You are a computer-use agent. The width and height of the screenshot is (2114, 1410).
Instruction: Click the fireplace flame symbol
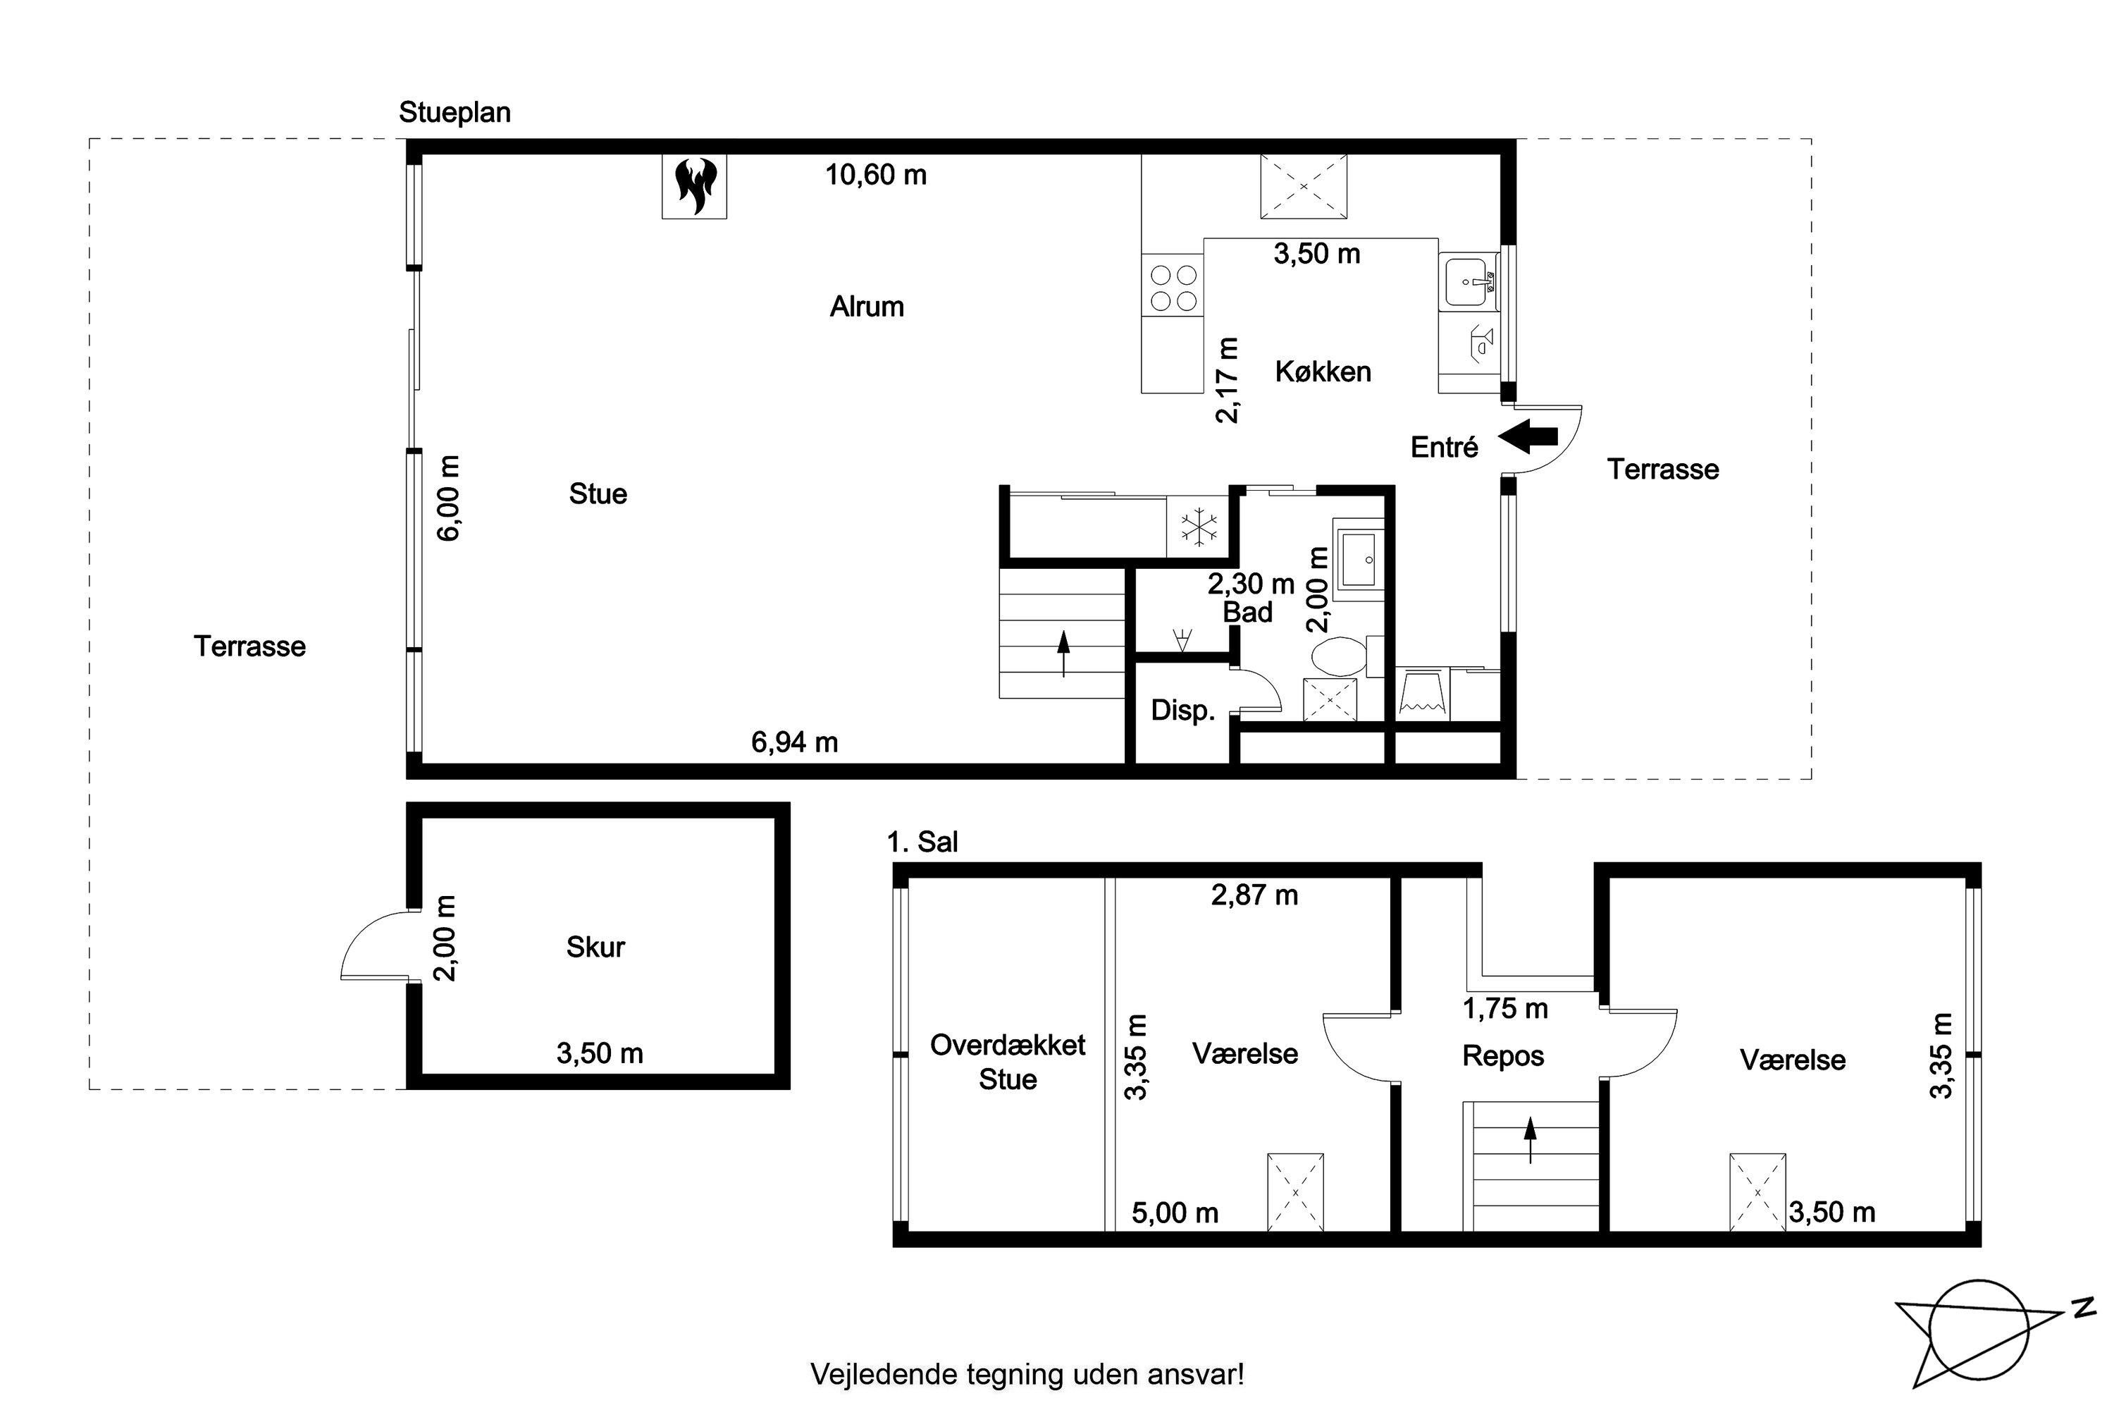click(695, 186)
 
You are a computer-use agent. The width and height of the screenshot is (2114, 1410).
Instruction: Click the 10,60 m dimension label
click(875, 174)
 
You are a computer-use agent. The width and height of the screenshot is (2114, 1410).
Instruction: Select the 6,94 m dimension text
click(795, 743)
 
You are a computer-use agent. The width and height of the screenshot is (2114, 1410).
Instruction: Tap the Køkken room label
click(1323, 372)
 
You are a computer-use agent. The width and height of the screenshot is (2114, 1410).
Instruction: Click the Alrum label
click(867, 307)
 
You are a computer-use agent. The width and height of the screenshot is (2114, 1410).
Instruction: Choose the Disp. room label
click(1183, 711)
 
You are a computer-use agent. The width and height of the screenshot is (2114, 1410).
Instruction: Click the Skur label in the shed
click(595, 947)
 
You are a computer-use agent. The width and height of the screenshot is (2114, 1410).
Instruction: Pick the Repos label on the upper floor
click(1503, 1055)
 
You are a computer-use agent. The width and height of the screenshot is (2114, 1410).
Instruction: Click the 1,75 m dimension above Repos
click(1505, 1009)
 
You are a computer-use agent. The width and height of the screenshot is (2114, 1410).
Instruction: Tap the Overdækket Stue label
click(1008, 1062)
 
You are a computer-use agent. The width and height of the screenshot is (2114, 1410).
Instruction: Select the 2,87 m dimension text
click(1255, 895)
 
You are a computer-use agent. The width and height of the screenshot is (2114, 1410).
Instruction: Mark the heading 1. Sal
click(922, 842)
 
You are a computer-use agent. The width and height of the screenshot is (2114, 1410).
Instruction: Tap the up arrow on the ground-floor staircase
click(1063, 654)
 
